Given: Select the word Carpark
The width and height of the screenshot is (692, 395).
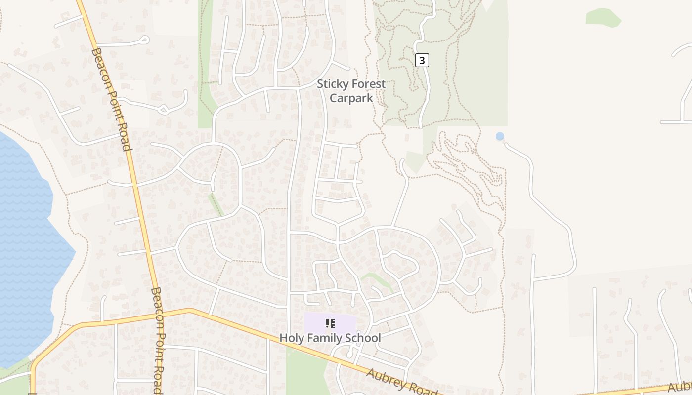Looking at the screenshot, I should [x=351, y=98].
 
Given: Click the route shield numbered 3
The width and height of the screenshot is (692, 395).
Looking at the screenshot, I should [x=421, y=60].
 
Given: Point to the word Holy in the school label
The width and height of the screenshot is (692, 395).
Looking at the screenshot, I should [x=291, y=338].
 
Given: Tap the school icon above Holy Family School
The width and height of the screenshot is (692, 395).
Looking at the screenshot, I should [x=330, y=323].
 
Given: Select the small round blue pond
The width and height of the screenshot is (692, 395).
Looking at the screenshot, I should [x=500, y=136].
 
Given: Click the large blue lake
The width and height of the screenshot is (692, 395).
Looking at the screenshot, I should [x=25, y=247].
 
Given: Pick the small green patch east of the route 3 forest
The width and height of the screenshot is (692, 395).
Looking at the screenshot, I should [x=603, y=17].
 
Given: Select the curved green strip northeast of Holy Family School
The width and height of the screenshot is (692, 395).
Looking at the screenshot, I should [x=379, y=279].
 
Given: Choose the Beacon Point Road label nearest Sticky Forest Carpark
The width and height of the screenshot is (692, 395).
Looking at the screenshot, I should [x=111, y=99].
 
